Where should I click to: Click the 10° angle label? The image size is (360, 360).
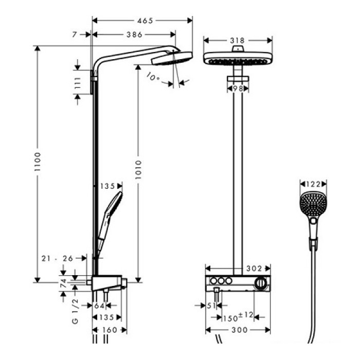[x=153, y=78]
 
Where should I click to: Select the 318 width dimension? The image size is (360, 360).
[x=238, y=40]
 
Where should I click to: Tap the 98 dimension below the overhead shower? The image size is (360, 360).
[x=238, y=88]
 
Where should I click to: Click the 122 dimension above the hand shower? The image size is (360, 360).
[x=313, y=184]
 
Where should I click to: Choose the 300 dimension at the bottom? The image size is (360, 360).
[x=237, y=329]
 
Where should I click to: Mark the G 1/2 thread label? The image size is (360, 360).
[x=76, y=312]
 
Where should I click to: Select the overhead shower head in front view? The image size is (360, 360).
[x=237, y=58]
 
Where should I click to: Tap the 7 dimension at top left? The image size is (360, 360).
[x=76, y=34]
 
